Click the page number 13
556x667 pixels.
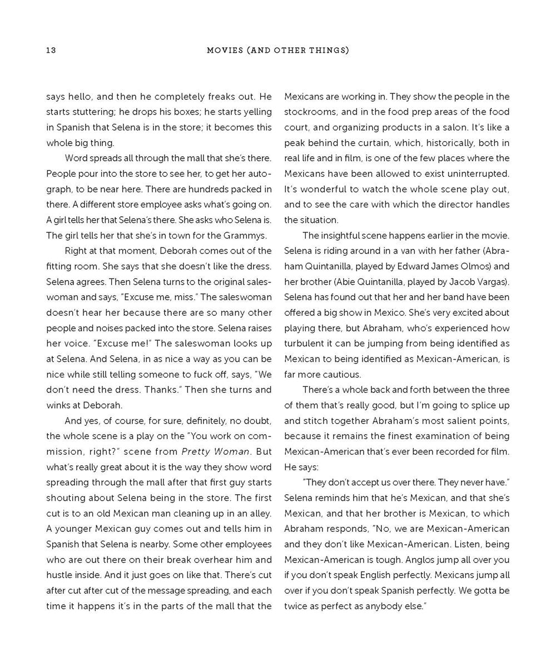point(51,51)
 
